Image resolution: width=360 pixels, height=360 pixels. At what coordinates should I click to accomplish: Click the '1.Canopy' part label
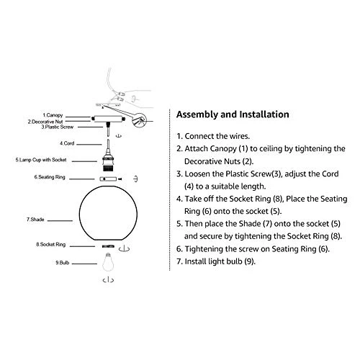[53, 115]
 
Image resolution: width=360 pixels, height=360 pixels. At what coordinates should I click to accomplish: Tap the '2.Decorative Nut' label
[45, 122]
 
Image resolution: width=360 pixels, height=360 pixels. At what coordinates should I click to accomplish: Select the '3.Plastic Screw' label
[58, 127]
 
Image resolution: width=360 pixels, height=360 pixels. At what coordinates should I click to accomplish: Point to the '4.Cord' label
[67, 143]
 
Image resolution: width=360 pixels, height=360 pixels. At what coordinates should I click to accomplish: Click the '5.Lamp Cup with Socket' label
[41, 160]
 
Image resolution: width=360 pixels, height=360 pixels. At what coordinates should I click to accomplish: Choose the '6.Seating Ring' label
[50, 177]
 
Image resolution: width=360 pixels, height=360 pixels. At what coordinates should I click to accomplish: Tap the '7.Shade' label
[35, 220]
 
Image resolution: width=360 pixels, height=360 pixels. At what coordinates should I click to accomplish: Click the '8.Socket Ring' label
[51, 245]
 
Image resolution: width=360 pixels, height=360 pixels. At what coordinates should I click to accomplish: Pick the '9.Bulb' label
[63, 263]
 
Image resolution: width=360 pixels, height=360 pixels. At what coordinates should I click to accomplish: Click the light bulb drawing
[108, 262]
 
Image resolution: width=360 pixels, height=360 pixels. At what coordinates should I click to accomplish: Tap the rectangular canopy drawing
[108, 119]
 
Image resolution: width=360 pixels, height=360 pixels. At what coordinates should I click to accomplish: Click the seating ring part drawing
[108, 179]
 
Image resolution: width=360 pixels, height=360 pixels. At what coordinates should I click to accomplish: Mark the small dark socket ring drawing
[108, 246]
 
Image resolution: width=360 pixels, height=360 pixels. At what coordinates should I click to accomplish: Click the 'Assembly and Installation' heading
[233, 114]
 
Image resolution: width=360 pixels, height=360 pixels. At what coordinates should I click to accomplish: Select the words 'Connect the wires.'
[217, 136]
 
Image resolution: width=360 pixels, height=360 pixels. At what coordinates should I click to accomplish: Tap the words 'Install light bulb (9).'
[220, 261]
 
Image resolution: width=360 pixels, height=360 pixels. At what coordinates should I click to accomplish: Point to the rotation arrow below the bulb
[108, 280]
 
